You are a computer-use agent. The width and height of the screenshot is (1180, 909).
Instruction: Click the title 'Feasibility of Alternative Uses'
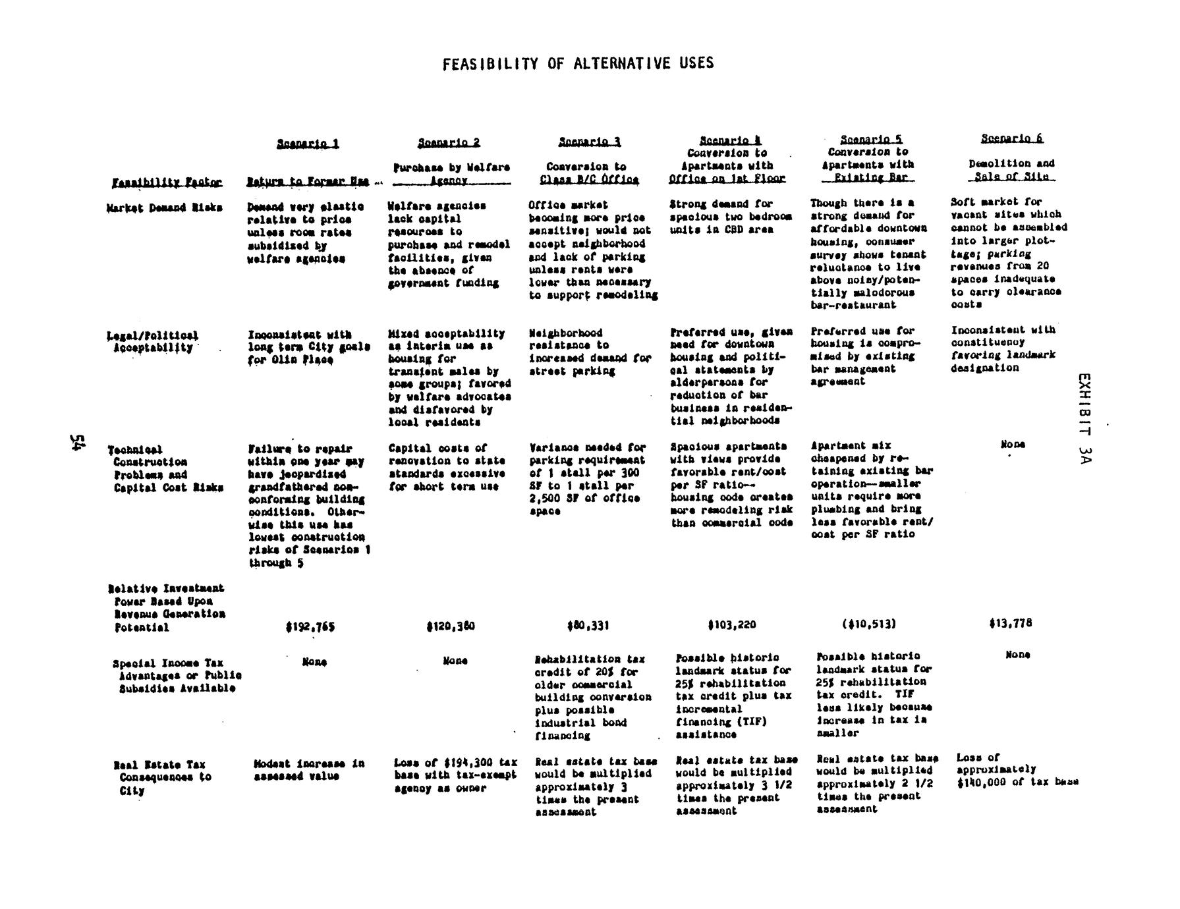click(x=578, y=63)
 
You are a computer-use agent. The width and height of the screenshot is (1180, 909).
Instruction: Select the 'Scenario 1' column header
click(x=308, y=143)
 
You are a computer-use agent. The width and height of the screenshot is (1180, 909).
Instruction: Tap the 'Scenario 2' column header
click(x=449, y=142)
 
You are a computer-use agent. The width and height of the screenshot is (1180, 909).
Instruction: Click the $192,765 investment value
click(x=310, y=627)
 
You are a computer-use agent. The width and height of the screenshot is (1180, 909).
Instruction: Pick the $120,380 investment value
click(x=450, y=626)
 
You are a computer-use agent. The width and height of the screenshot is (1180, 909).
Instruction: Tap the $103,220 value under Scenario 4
click(x=731, y=624)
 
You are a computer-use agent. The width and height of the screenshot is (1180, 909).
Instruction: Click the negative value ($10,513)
click(x=869, y=624)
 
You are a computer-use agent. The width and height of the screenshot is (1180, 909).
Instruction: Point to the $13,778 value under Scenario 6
click(x=1010, y=622)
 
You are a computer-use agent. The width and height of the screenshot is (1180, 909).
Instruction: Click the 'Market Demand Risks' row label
click(x=164, y=208)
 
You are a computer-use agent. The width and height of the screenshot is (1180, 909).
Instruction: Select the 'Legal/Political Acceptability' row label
click(x=152, y=342)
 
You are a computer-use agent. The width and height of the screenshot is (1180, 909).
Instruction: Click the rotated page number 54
click(x=78, y=443)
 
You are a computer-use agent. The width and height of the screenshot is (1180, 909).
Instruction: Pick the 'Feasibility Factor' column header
click(x=167, y=182)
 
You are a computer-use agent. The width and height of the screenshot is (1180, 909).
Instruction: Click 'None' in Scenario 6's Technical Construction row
click(x=1012, y=445)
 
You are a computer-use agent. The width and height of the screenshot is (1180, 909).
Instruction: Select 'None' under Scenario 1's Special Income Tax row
click(x=314, y=661)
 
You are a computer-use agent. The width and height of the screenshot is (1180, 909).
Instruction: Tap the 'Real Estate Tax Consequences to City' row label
click(x=162, y=777)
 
